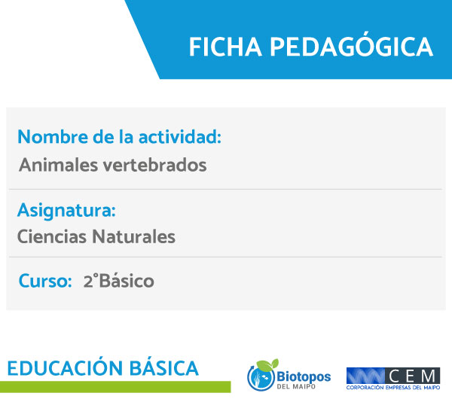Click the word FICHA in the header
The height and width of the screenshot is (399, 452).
(225, 47)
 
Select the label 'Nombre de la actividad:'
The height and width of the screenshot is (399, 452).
(119, 136)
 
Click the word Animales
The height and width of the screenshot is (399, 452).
(59, 165)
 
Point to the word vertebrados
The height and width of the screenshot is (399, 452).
(154, 165)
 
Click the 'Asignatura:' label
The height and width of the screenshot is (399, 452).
(66, 211)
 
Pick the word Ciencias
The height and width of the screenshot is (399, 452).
(52, 237)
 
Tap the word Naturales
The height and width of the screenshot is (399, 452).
(134, 237)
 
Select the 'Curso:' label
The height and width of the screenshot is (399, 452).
(45, 281)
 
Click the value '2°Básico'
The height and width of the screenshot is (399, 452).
(119, 281)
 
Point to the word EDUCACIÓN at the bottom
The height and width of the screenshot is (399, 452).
(65, 367)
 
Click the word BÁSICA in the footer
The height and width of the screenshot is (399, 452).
(164, 367)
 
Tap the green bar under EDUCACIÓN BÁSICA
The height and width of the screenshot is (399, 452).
(115, 387)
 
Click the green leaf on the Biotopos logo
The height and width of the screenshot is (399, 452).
(267, 364)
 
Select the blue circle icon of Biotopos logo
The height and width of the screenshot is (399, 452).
(261, 378)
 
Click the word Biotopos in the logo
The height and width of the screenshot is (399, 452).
(304, 376)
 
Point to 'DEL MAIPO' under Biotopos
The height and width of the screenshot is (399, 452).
(296, 386)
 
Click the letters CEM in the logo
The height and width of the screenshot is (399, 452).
(412, 376)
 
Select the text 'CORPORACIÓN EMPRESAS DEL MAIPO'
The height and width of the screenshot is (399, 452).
(393, 388)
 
